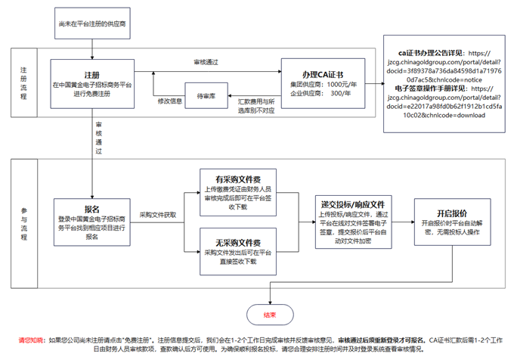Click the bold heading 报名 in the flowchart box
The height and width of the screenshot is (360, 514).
pos(92,209)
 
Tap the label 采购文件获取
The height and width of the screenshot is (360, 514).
pos(157,215)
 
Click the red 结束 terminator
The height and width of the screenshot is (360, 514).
pos(270,315)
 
